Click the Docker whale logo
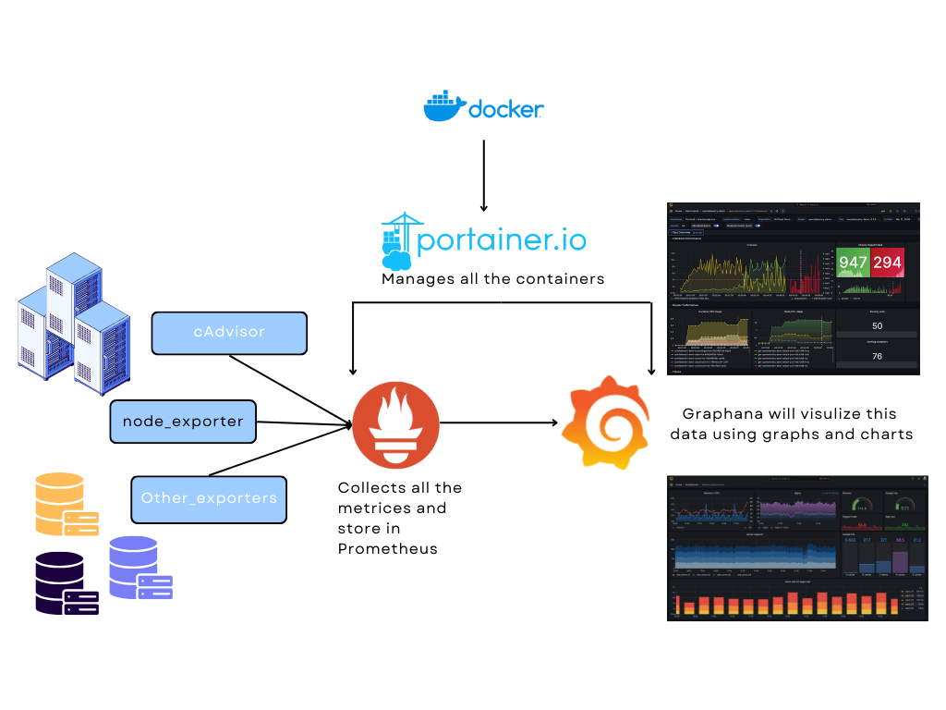444,106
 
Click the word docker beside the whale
506,109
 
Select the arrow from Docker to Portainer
483,176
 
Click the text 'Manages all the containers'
493,278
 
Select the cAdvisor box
228,332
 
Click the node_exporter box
183,422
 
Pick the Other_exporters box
209,498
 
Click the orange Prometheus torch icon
395,424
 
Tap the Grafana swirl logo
605,422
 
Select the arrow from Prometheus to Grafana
499,422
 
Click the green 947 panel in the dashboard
853,263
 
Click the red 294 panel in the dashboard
887,263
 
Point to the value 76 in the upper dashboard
877,356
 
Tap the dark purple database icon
67,583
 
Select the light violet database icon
139,568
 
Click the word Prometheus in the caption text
387,549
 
